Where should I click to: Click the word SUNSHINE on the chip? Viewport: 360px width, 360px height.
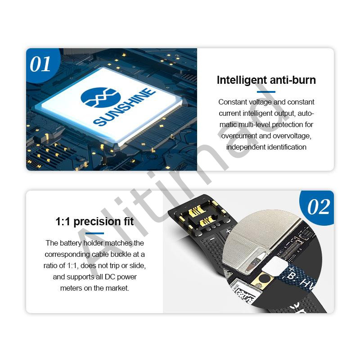click(x=125, y=107)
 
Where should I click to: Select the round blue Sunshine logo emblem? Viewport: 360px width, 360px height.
click(x=100, y=97)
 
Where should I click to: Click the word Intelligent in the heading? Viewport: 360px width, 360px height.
click(x=242, y=80)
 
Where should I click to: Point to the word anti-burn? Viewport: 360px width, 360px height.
click(x=293, y=80)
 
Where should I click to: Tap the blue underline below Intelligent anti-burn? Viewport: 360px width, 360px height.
click(x=266, y=92)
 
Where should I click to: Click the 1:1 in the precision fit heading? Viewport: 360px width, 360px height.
click(x=63, y=222)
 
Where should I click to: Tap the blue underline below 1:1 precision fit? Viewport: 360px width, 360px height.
click(x=94, y=233)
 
